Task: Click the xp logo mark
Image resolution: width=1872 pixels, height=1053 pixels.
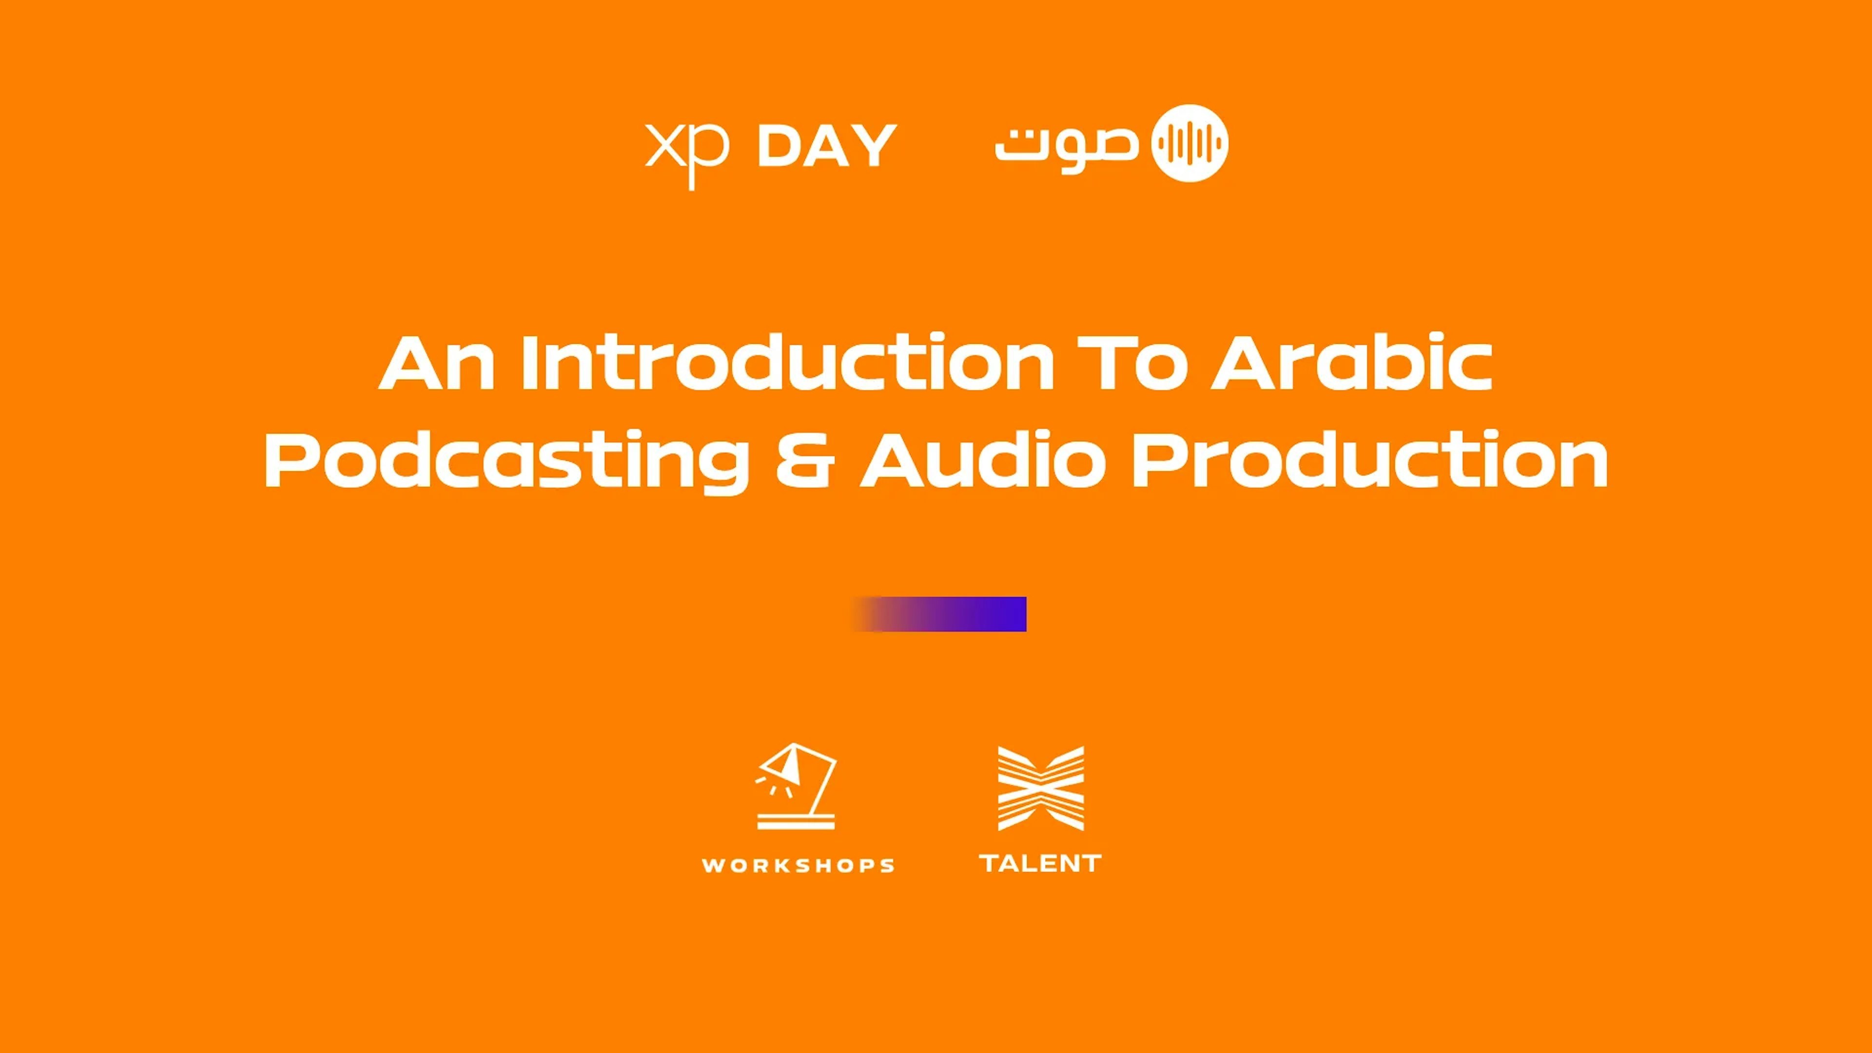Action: point(687,154)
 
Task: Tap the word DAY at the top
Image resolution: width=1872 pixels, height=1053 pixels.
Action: point(827,145)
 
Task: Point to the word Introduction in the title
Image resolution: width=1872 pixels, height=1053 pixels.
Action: point(788,362)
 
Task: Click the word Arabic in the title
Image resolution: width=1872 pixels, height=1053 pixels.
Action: point(1352,362)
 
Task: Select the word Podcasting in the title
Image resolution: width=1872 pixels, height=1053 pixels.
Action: point(507,460)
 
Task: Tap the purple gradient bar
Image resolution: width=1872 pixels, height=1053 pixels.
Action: point(939,614)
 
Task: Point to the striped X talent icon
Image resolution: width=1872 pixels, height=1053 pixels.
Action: point(1041,788)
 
